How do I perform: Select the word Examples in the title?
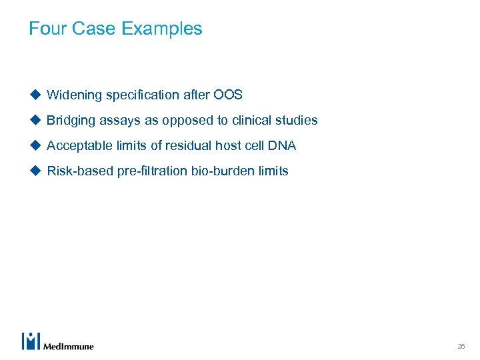[163, 29]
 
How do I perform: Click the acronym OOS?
[227, 95]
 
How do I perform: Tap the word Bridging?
[71, 120]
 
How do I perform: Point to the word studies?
[299, 120]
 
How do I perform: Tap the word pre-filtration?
[152, 171]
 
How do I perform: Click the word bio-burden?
[219, 171]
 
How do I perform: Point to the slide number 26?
[461, 347]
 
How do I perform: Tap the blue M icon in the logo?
[31, 341]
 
